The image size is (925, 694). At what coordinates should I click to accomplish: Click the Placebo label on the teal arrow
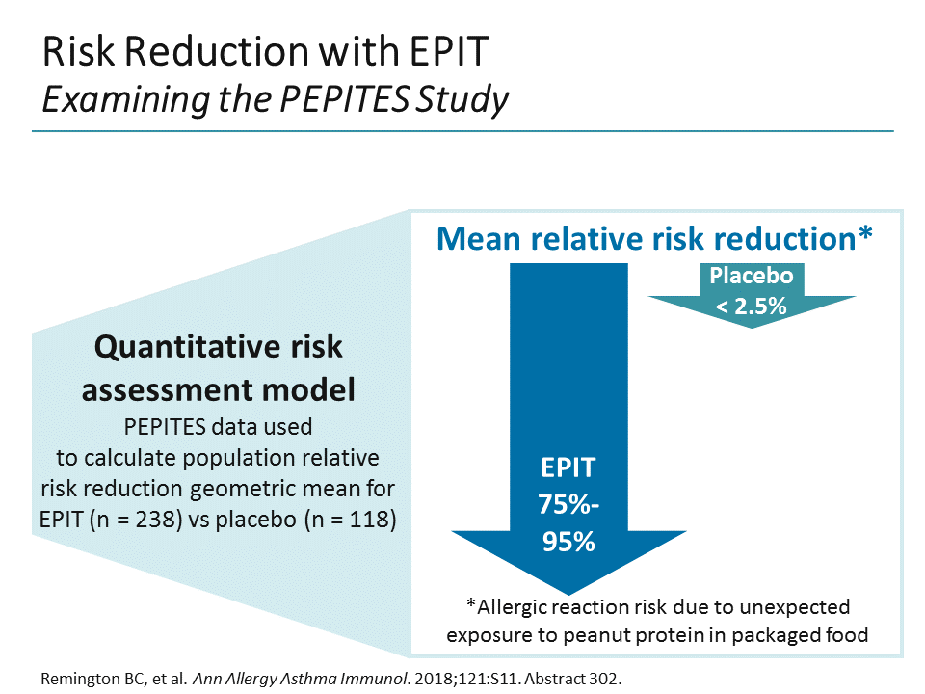click(x=751, y=276)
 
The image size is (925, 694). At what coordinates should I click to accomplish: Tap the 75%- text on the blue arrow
click(x=567, y=505)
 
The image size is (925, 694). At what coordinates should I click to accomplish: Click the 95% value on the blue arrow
click(x=567, y=541)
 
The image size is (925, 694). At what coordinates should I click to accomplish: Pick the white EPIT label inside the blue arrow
click(x=567, y=469)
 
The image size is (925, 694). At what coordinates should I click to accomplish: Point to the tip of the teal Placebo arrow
click(x=752, y=326)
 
